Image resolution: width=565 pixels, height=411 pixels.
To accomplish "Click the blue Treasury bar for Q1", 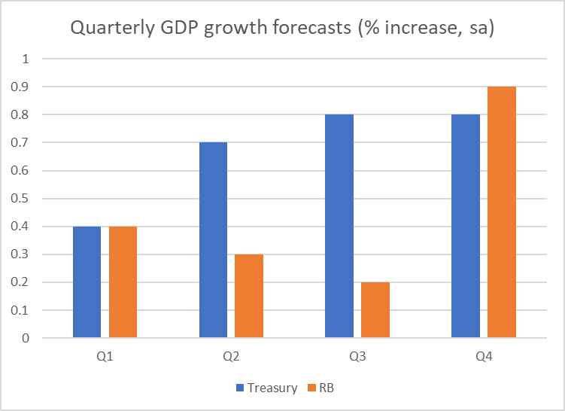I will (x=87, y=282).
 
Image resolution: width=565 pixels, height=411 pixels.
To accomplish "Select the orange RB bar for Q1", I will (x=123, y=282).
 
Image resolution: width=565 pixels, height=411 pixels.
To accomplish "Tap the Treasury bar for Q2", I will (x=213, y=240).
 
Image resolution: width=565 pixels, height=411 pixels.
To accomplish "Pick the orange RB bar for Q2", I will (x=249, y=296).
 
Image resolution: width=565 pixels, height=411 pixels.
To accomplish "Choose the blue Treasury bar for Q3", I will (x=339, y=226).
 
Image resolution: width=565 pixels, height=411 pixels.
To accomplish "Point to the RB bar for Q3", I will (x=375, y=310).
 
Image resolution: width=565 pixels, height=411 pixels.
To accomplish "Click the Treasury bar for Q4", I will (x=465, y=226).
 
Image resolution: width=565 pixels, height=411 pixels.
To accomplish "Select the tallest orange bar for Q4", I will (x=501, y=212).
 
